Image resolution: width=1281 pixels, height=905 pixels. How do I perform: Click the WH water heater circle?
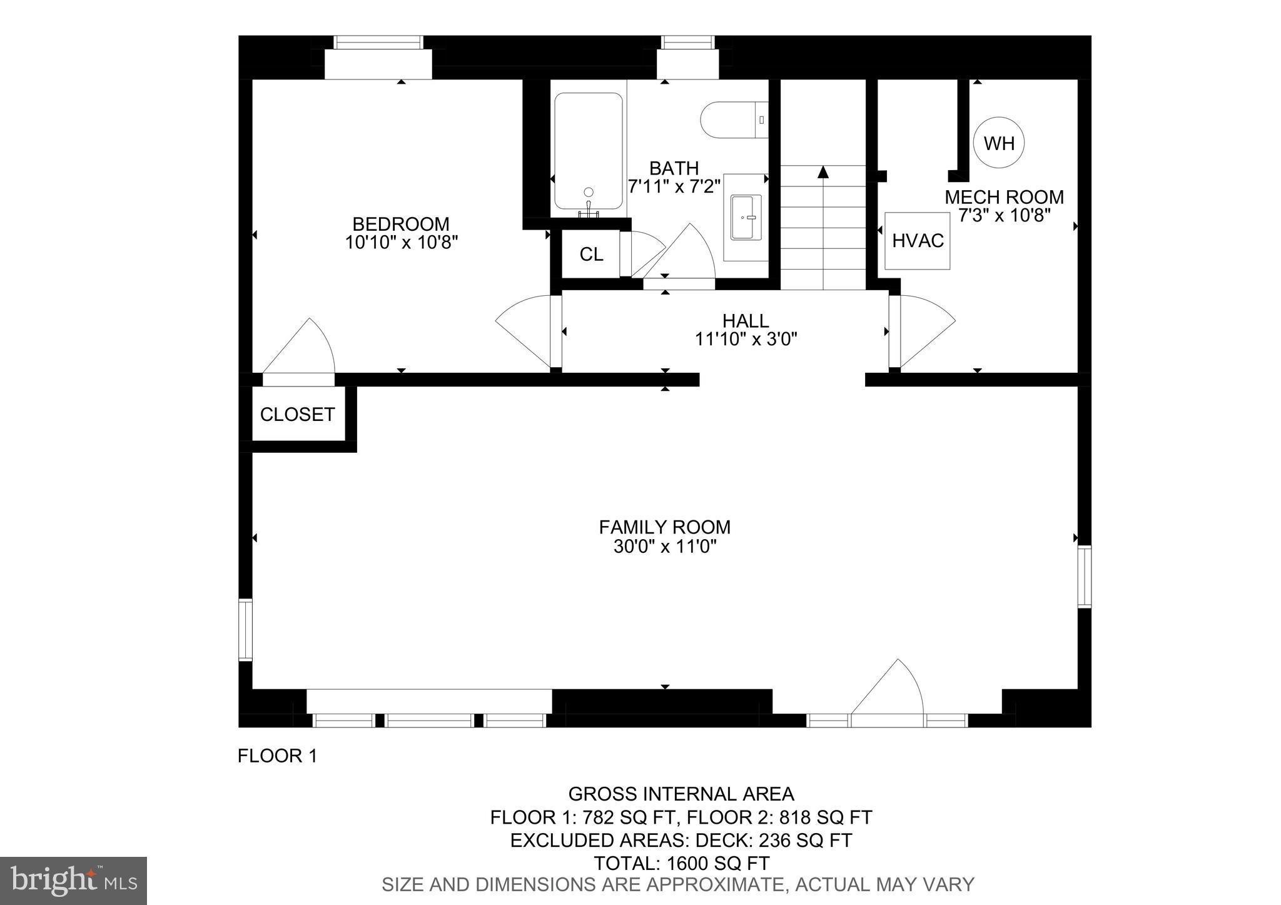click(x=998, y=143)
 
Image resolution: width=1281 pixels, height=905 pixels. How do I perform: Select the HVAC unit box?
click(x=918, y=241)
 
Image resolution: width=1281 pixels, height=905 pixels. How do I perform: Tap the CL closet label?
click(x=591, y=255)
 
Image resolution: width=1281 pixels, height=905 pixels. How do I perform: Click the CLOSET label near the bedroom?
click(x=297, y=415)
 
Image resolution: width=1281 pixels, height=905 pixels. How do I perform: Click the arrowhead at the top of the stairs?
click(x=823, y=171)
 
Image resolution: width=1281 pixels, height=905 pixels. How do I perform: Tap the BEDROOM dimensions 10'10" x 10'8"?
click(x=402, y=243)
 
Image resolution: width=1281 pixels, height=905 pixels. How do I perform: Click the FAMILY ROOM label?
click(x=664, y=527)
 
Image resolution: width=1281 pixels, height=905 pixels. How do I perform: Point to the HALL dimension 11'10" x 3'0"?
click(x=746, y=340)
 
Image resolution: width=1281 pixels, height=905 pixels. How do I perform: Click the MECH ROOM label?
click(x=1003, y=198)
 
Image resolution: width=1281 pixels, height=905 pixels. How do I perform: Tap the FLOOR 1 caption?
click(x=277, y=756)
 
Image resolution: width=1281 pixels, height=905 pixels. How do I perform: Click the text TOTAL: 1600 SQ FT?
click(x=681, y=863)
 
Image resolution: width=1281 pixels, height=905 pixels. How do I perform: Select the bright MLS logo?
click(x=73, y=881)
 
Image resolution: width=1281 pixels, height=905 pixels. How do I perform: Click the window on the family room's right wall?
click(x=1084, y=576)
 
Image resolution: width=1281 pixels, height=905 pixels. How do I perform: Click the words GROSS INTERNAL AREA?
click(x=681, y=794)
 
